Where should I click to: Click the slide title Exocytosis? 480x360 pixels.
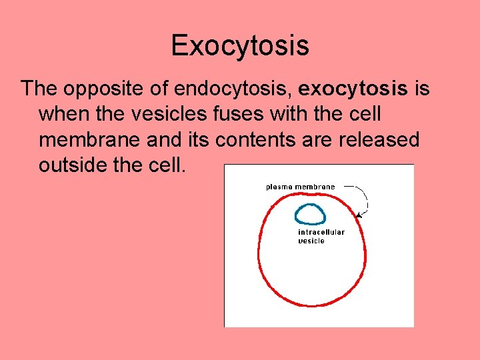240,46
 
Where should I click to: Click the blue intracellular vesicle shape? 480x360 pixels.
310,214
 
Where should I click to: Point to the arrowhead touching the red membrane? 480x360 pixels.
359,215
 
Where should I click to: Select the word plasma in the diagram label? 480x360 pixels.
280,187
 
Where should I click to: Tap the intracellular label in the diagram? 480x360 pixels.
321,233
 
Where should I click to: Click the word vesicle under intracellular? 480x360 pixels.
311,241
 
